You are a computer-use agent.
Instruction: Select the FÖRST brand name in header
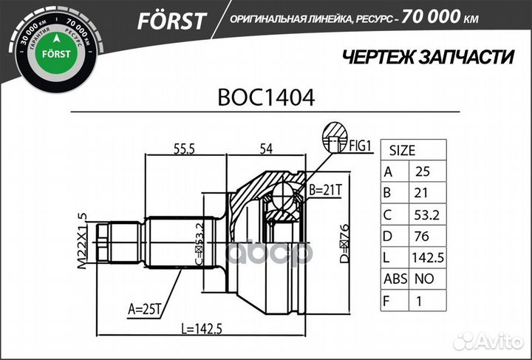point(171,21)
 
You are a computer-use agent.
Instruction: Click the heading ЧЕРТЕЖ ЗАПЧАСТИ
point(428,57)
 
